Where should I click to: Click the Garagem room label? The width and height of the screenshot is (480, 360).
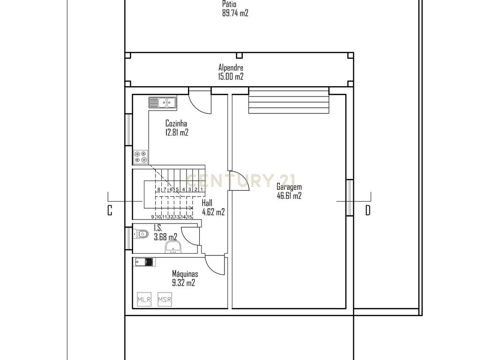[x=289, y=187]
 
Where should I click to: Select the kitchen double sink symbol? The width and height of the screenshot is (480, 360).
[x=163, y=103]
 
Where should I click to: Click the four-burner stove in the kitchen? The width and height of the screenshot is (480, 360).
[x=141, y=157]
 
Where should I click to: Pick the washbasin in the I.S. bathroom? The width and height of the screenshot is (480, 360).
[x=173, y=247]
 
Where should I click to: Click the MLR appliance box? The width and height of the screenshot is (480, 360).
[x=144, y=300]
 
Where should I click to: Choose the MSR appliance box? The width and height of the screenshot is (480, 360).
[x=165, y=300]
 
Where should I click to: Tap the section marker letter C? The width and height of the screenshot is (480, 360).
[x=110, y=210]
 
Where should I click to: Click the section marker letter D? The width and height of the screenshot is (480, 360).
[x=368, y=210]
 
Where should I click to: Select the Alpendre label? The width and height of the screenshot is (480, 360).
[x=231, y=67]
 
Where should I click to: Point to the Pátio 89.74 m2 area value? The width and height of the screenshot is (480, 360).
[x=235, y=13]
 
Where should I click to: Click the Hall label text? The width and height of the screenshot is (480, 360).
[x=207, y=203]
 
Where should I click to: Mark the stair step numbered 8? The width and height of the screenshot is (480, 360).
[x=158, y=189]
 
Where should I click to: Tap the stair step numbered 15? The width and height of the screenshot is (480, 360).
[x=189, y=217]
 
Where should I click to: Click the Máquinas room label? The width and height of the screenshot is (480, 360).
[x=185, y=274]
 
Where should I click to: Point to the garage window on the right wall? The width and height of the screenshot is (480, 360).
[x=350, y=197]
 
